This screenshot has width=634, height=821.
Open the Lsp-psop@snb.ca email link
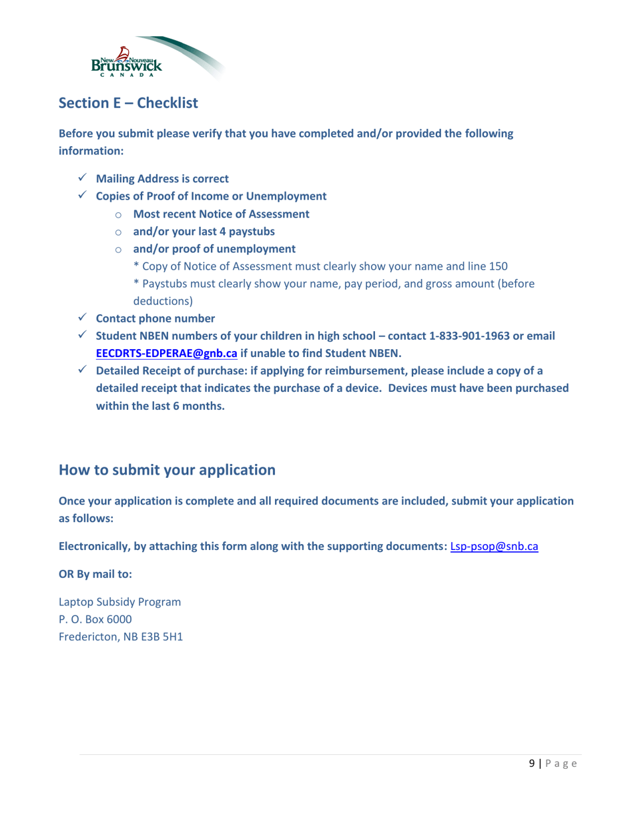(x=495, y=547)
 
